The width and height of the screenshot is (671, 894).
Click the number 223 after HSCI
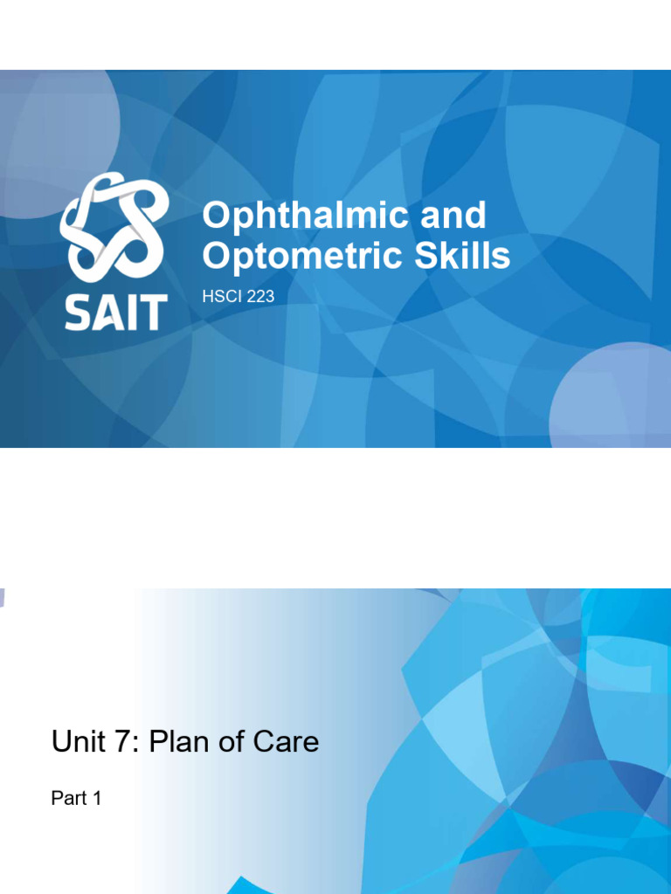click(x=261, y=297)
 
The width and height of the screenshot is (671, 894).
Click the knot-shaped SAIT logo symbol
click(x=114, y=227)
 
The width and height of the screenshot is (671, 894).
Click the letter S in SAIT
click(x=76, y=312)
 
